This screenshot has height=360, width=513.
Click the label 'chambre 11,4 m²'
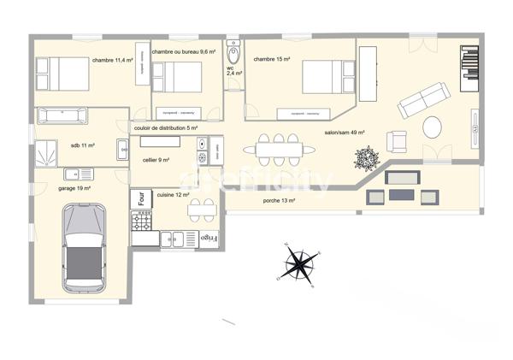[x=113, y=60]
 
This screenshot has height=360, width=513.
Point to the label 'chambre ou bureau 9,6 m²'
[x=187, y=52]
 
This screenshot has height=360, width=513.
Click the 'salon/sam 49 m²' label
[x=345, y=133]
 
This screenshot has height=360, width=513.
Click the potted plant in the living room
[x=368, y=158]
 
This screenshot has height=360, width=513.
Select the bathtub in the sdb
[x=62, y=115]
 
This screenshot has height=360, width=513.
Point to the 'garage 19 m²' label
[x=74, y=187]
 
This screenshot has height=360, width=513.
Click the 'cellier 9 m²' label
[x=156, y=160]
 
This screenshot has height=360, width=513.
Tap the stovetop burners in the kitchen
[x=139, y=221]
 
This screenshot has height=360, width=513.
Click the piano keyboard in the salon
[x=469, y=62]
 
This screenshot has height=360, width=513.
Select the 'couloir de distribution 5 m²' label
[x=166, y=128]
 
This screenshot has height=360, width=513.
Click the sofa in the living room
[x=422, y=103]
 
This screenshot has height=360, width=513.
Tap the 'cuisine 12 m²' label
[x=173, y=195]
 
